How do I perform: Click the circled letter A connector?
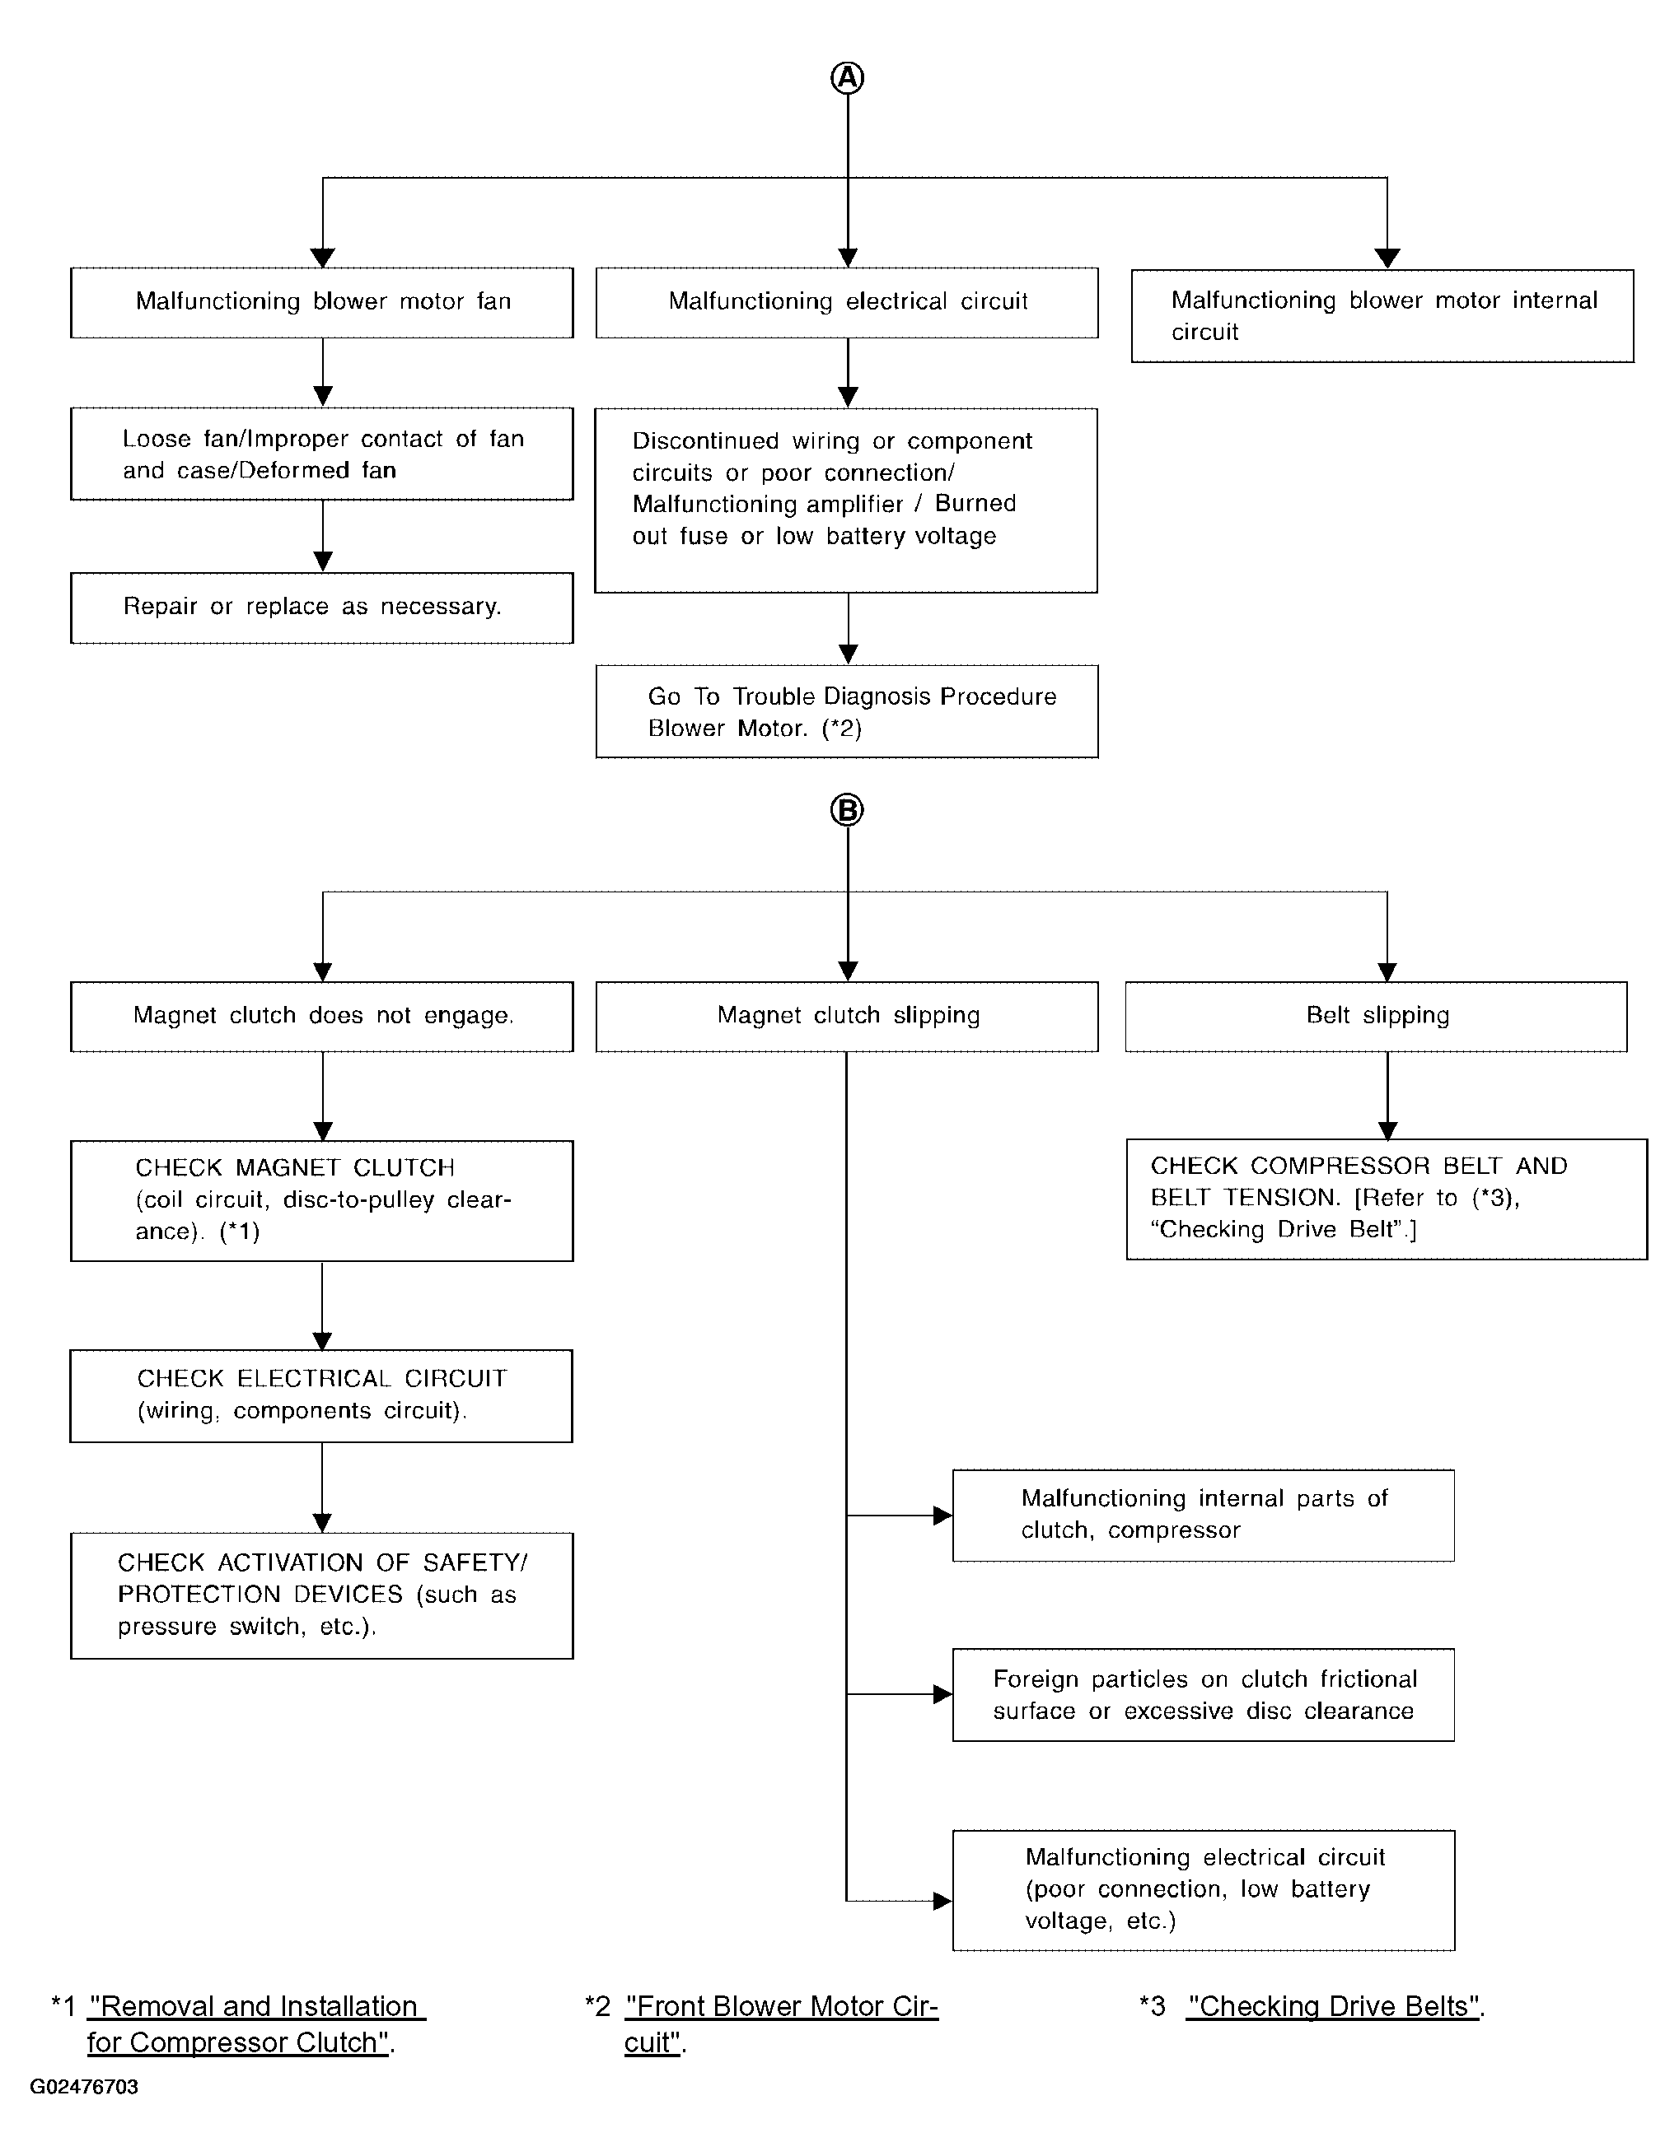tap(848, 77)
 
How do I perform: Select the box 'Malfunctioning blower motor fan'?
tap(322, 302)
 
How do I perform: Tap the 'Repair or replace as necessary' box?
tap(322, 607)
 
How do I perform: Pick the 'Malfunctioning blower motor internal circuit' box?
tap(1382, 316)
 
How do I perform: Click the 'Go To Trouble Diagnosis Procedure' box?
tap(848, 712)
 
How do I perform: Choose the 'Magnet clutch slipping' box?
tap(848, 1016)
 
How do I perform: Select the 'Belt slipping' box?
tap(1377, 1016)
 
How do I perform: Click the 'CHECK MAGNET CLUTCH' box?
tap(322, 1200)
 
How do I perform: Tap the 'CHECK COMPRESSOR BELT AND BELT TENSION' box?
tap(1387, 1199)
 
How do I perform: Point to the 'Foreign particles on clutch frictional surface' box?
tap(1203, 1695)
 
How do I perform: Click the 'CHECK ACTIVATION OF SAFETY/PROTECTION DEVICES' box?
tap(322, 1595)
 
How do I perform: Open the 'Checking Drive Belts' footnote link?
tap(1333, 2007)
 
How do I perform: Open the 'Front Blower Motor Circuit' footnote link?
tap(780, 2023)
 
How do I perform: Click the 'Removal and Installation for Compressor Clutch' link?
tap(257, 2023)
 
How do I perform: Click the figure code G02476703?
tap(84, 2087)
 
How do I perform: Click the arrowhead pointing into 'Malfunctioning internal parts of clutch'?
tap(942, 1516)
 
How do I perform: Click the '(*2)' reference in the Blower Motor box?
tap(841, 729)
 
